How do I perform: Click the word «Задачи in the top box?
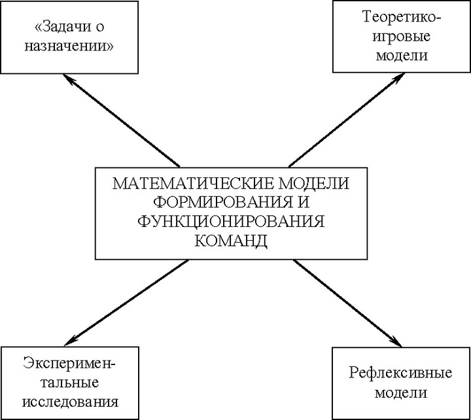[x=63, y=27]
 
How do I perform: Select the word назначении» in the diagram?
[x=69, y=47]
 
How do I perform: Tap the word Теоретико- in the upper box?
[x=402, y=17]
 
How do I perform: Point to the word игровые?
[x=401, y=37]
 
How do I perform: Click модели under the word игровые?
[x=402, y=56]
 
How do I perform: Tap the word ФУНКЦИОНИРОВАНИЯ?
[x=231, y=221]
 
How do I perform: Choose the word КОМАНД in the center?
[x=231, y=240]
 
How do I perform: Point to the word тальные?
[x=70, y=383]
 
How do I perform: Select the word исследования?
[x=70, y=402]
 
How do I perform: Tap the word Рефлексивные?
[x=400, y=374]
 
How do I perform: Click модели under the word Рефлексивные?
[x=401, y=393]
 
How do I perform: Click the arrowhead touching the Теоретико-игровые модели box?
[x=400, y=77]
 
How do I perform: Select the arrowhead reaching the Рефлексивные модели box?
[x=397, y=343]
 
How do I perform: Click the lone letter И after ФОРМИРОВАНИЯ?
[x=304, y=202]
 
